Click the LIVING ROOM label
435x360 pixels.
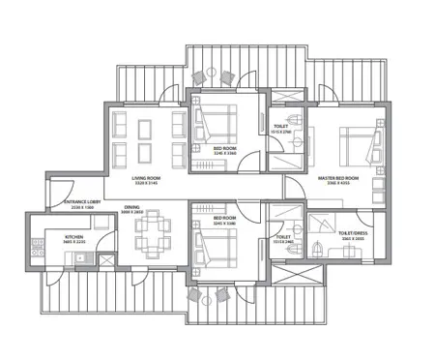click(x=146, y=179)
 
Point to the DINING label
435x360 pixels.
click(x=131, y=207)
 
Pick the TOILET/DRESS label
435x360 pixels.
click(x=355, y=232)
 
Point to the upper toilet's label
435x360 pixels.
click(x=281, y=126)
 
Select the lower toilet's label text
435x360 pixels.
click(x=283, y=236)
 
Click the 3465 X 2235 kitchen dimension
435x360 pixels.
click(x=74, y=243)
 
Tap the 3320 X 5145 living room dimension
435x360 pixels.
click(x=146, y=186)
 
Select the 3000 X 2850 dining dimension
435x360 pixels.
click(x=131, y=214)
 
